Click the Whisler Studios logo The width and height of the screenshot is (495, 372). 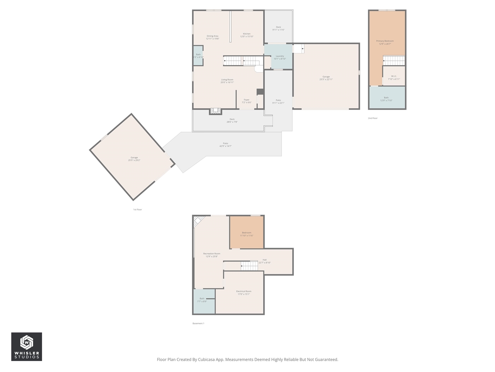pyautogui.click(x=26, y=346)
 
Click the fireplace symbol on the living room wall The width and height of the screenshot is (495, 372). pyautogui.click(x=216, y=111)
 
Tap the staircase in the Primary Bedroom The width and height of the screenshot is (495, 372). pyautogui.click(x=394, y=60)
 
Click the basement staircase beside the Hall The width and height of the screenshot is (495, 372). pyautogui.click(x=249, y=266)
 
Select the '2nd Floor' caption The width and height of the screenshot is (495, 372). pyautogui.click(x=372, y=118)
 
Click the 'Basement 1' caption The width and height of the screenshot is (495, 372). pyautogui.click(x=198, y=323)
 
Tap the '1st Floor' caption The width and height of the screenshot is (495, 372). pyautogui.click(x=137, y=210)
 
